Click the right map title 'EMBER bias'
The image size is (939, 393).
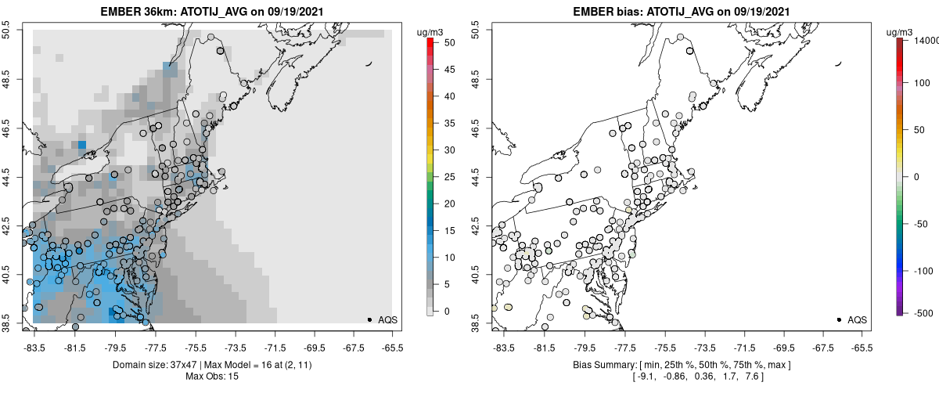tap(599, 12)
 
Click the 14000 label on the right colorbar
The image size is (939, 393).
tap(928, 40)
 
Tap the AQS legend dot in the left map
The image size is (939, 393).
tap(369, 319)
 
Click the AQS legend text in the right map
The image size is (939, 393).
tap(858, 319)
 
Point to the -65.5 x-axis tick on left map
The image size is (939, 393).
tap(392, 348)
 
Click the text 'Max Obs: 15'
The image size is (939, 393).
tap(211, 377)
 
